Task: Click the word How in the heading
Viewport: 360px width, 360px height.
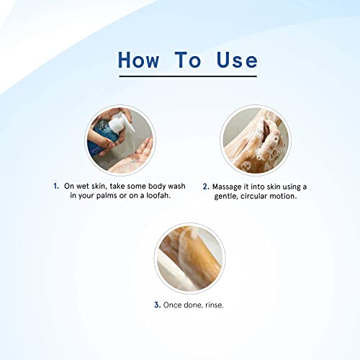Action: click(139, 60)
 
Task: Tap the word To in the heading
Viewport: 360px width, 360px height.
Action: click(188, 60)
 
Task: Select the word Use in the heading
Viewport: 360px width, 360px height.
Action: click(237, 60)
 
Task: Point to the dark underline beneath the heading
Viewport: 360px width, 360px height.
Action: click(188, 76)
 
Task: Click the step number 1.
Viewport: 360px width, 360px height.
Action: click(56, 186)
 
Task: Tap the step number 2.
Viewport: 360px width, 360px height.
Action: click(206, 186)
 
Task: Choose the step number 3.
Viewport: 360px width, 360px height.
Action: click(158, 305)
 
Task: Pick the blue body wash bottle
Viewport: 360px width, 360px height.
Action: click(103, 136)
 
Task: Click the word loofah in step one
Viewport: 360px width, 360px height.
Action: click(158, 196)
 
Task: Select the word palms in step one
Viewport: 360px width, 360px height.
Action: click(107, 196)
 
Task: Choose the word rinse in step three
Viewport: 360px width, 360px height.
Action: click(215, 305)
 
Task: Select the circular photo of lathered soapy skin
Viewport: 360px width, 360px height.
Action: click(256, 140)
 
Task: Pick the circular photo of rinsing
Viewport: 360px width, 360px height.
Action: click(189, 258)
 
